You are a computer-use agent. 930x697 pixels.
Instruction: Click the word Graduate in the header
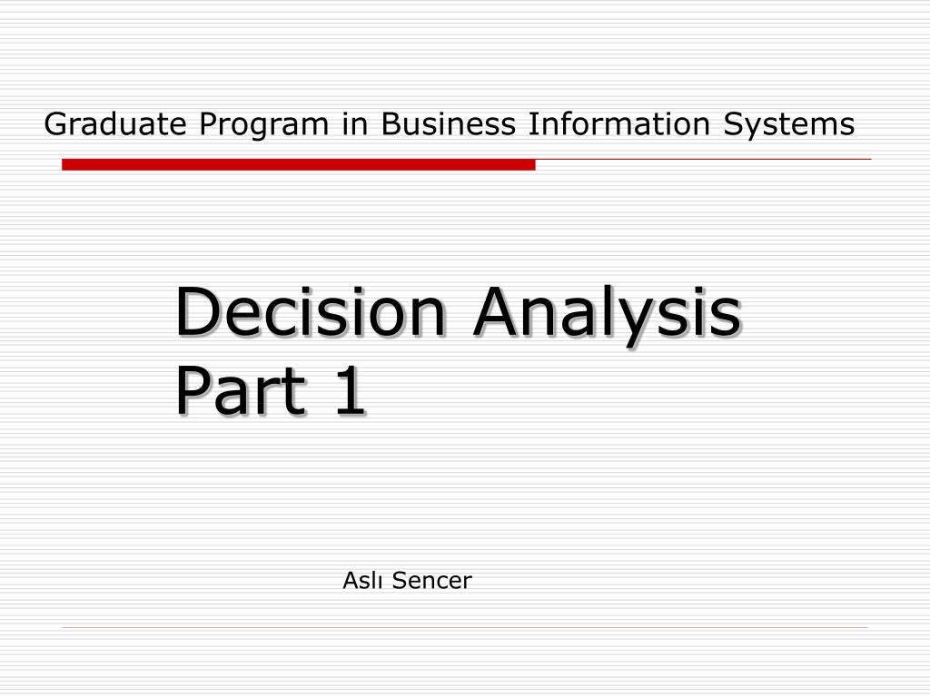(115, 124)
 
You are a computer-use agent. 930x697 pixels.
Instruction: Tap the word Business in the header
(448, 123)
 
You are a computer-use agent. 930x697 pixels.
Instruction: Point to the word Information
(618, 123)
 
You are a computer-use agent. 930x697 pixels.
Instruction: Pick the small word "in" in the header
(355, 124)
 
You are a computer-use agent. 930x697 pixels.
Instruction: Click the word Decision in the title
(310, 311)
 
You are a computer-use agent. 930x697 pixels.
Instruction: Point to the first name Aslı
(362, 580)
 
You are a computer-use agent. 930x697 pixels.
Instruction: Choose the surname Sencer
(431, 580)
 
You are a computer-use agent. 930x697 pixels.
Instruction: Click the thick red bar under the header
(298, 164)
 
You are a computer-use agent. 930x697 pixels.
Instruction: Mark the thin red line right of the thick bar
(704, 159)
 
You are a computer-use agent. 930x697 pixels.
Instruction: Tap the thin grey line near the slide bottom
(465, 627)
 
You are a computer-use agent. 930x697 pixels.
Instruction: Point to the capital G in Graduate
(55, 124)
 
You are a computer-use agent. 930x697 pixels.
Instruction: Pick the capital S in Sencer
(400, 580)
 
